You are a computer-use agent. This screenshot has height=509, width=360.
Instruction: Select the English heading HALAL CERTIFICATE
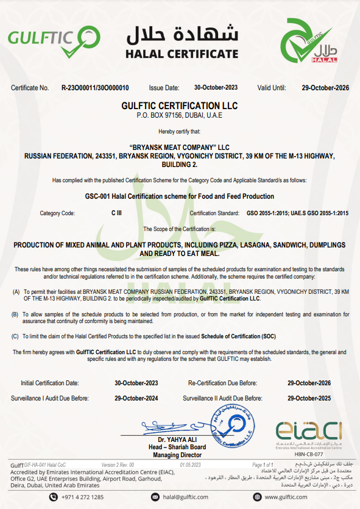coord(182,54)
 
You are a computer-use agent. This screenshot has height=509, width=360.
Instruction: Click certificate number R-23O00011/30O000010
coord(94,88)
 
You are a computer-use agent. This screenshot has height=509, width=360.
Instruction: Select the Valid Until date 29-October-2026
coord(325,88)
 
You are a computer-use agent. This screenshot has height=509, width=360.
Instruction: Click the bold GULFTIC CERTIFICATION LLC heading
coord(180,106)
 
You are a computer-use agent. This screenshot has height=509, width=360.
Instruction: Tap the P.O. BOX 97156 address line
coord(180,115)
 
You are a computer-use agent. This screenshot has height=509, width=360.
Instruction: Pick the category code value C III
coord(116,213)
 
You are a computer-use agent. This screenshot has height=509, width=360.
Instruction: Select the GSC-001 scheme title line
coord(180,196)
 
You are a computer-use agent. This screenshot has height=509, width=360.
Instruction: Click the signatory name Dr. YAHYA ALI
coord(179,440)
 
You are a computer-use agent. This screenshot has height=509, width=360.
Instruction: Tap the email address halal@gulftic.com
coord(189,497)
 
